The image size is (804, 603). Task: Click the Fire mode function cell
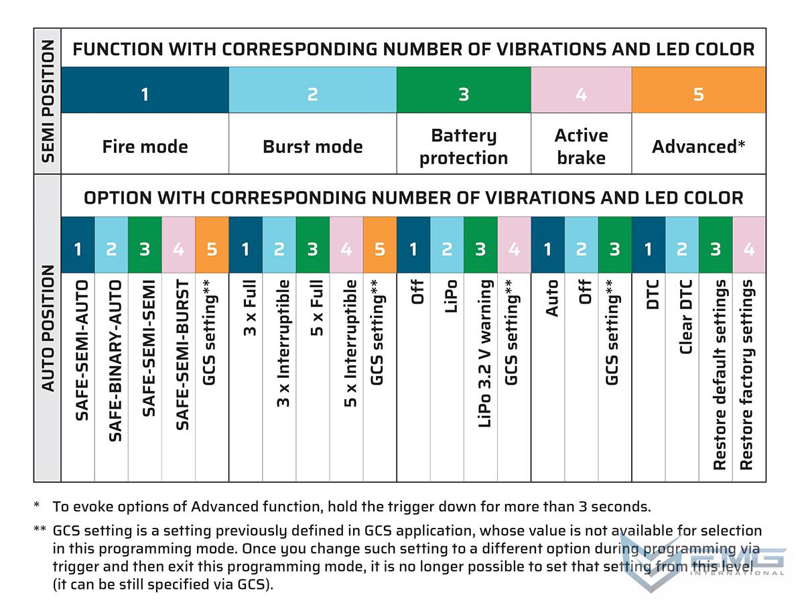click(x=145, y=147)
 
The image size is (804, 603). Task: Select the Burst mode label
click(x=312, y=147)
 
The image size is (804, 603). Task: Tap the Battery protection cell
click(x=463, y=147)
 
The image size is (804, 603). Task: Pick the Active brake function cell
click(x=581, y=147)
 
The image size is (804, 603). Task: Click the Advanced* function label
click(x=698, y=147)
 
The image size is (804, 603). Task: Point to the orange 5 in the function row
click(x=698, y=94)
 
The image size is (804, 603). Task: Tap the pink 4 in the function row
click(x=581, y=94)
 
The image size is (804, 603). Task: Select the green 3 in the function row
click(x=463, y=94)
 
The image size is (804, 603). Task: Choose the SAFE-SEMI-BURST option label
click(x=182, y=355)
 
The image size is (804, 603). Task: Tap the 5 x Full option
click(x=316, y=308)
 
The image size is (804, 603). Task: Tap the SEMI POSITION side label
click(x=48, y=100)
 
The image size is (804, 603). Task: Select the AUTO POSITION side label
click(x=48, y=328)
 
